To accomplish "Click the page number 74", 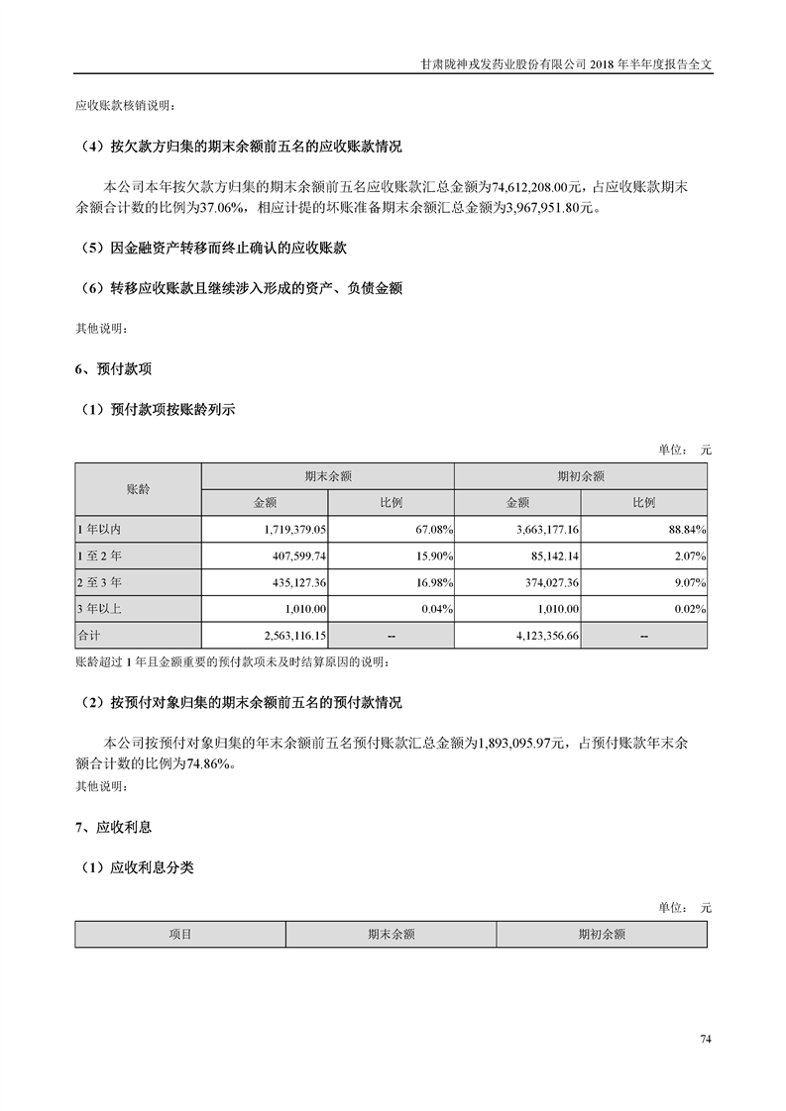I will tap(706, 1039).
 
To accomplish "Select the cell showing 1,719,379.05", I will tap(295, 531).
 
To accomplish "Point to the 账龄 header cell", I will tap(138, 489).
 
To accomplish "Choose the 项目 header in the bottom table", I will tap(179, 934).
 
